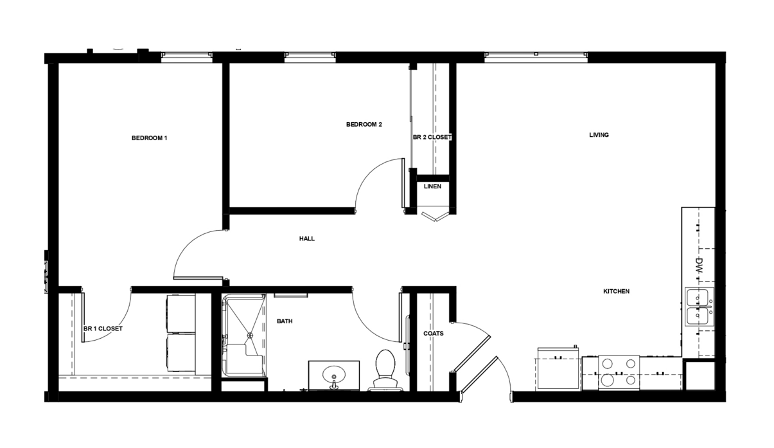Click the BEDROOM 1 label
(149, 138)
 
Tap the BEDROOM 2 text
(364, 125)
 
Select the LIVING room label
(599, 135)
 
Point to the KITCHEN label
(616, 291)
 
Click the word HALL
(307, 238)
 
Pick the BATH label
(285, 321)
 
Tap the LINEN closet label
(432, 186)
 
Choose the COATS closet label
(434, 334)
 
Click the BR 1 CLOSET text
(103, 328)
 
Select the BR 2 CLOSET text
(432, 138)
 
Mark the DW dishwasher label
(699, 265)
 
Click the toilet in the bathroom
(385, 370)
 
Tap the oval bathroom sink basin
(334, 374)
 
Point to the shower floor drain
(249, 335)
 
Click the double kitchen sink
(699, 307)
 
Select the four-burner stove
(619, 373)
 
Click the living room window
(536, 57)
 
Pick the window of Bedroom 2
(310, 57)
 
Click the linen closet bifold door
(435, 217)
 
